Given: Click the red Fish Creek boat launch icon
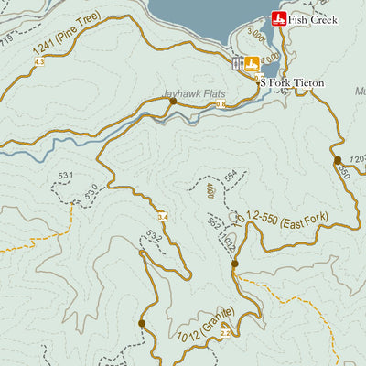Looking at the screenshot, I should point(279,18).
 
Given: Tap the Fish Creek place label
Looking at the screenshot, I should point(313,19).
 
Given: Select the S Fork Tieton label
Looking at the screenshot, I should point(292,82).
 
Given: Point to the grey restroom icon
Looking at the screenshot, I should point(238,64).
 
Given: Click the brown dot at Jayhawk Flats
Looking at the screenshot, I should point(172,102).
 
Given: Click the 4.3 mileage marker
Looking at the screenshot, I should point(38,61).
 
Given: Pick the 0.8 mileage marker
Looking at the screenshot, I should point(219,105).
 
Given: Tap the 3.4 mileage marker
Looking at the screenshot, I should point(163,217).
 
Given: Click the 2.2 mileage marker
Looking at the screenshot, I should point(225,333).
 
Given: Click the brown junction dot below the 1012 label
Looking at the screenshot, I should point(234,264).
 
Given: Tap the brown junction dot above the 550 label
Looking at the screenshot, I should point(338,160).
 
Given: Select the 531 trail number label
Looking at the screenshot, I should point(64,174).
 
